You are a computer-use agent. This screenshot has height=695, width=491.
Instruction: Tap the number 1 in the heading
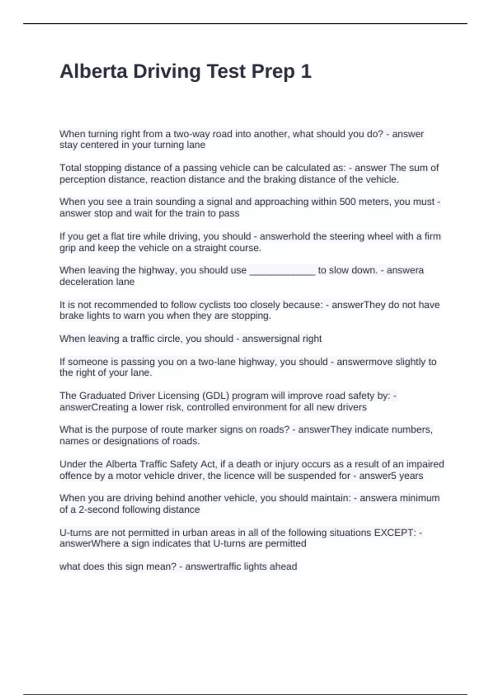306,72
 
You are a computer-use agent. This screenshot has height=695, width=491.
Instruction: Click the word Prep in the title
273,72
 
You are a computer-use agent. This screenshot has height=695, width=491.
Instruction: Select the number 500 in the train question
347,202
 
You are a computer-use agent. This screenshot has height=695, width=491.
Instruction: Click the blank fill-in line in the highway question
282,271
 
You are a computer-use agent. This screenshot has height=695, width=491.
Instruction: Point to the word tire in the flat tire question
133,236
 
